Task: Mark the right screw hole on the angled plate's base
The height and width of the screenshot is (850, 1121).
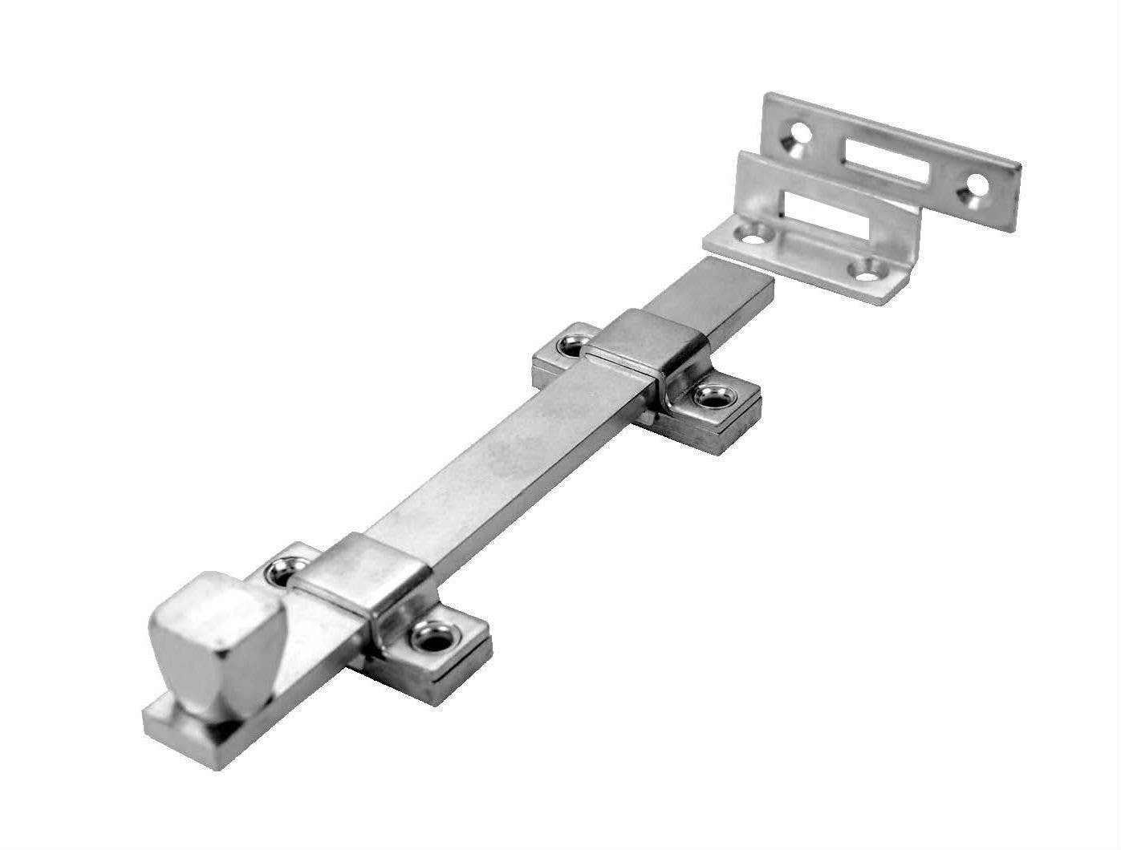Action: [866, 270]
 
